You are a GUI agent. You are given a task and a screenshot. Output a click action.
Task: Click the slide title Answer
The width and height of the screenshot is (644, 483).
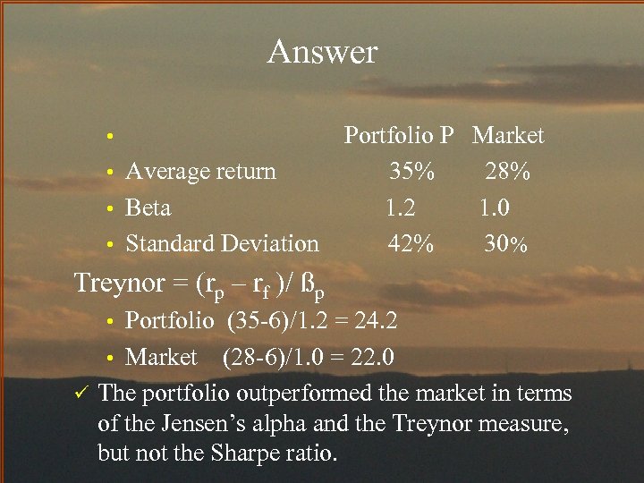322,52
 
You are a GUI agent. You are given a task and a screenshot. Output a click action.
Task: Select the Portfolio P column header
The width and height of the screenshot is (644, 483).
400,136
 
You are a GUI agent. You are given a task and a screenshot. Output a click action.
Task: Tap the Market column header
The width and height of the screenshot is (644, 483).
508,136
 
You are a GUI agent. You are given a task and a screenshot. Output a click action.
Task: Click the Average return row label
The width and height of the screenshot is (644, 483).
200,171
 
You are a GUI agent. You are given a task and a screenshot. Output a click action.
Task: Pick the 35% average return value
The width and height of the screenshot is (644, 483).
411,171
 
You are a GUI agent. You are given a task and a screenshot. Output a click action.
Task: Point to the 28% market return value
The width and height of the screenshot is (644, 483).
507,171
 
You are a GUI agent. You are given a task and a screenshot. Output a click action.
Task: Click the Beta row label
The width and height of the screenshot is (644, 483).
148,208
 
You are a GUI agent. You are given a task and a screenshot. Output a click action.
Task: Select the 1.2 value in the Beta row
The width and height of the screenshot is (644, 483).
400,208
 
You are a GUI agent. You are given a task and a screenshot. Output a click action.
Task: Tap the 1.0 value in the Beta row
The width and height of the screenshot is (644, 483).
496,208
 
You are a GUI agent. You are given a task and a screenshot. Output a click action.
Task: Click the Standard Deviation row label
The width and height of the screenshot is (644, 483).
222,243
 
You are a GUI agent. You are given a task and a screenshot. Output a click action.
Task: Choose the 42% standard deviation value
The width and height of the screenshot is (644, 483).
411,243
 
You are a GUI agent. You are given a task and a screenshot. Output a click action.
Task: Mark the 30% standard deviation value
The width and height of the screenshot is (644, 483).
506,243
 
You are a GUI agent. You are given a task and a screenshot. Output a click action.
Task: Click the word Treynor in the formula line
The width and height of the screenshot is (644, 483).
120,284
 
